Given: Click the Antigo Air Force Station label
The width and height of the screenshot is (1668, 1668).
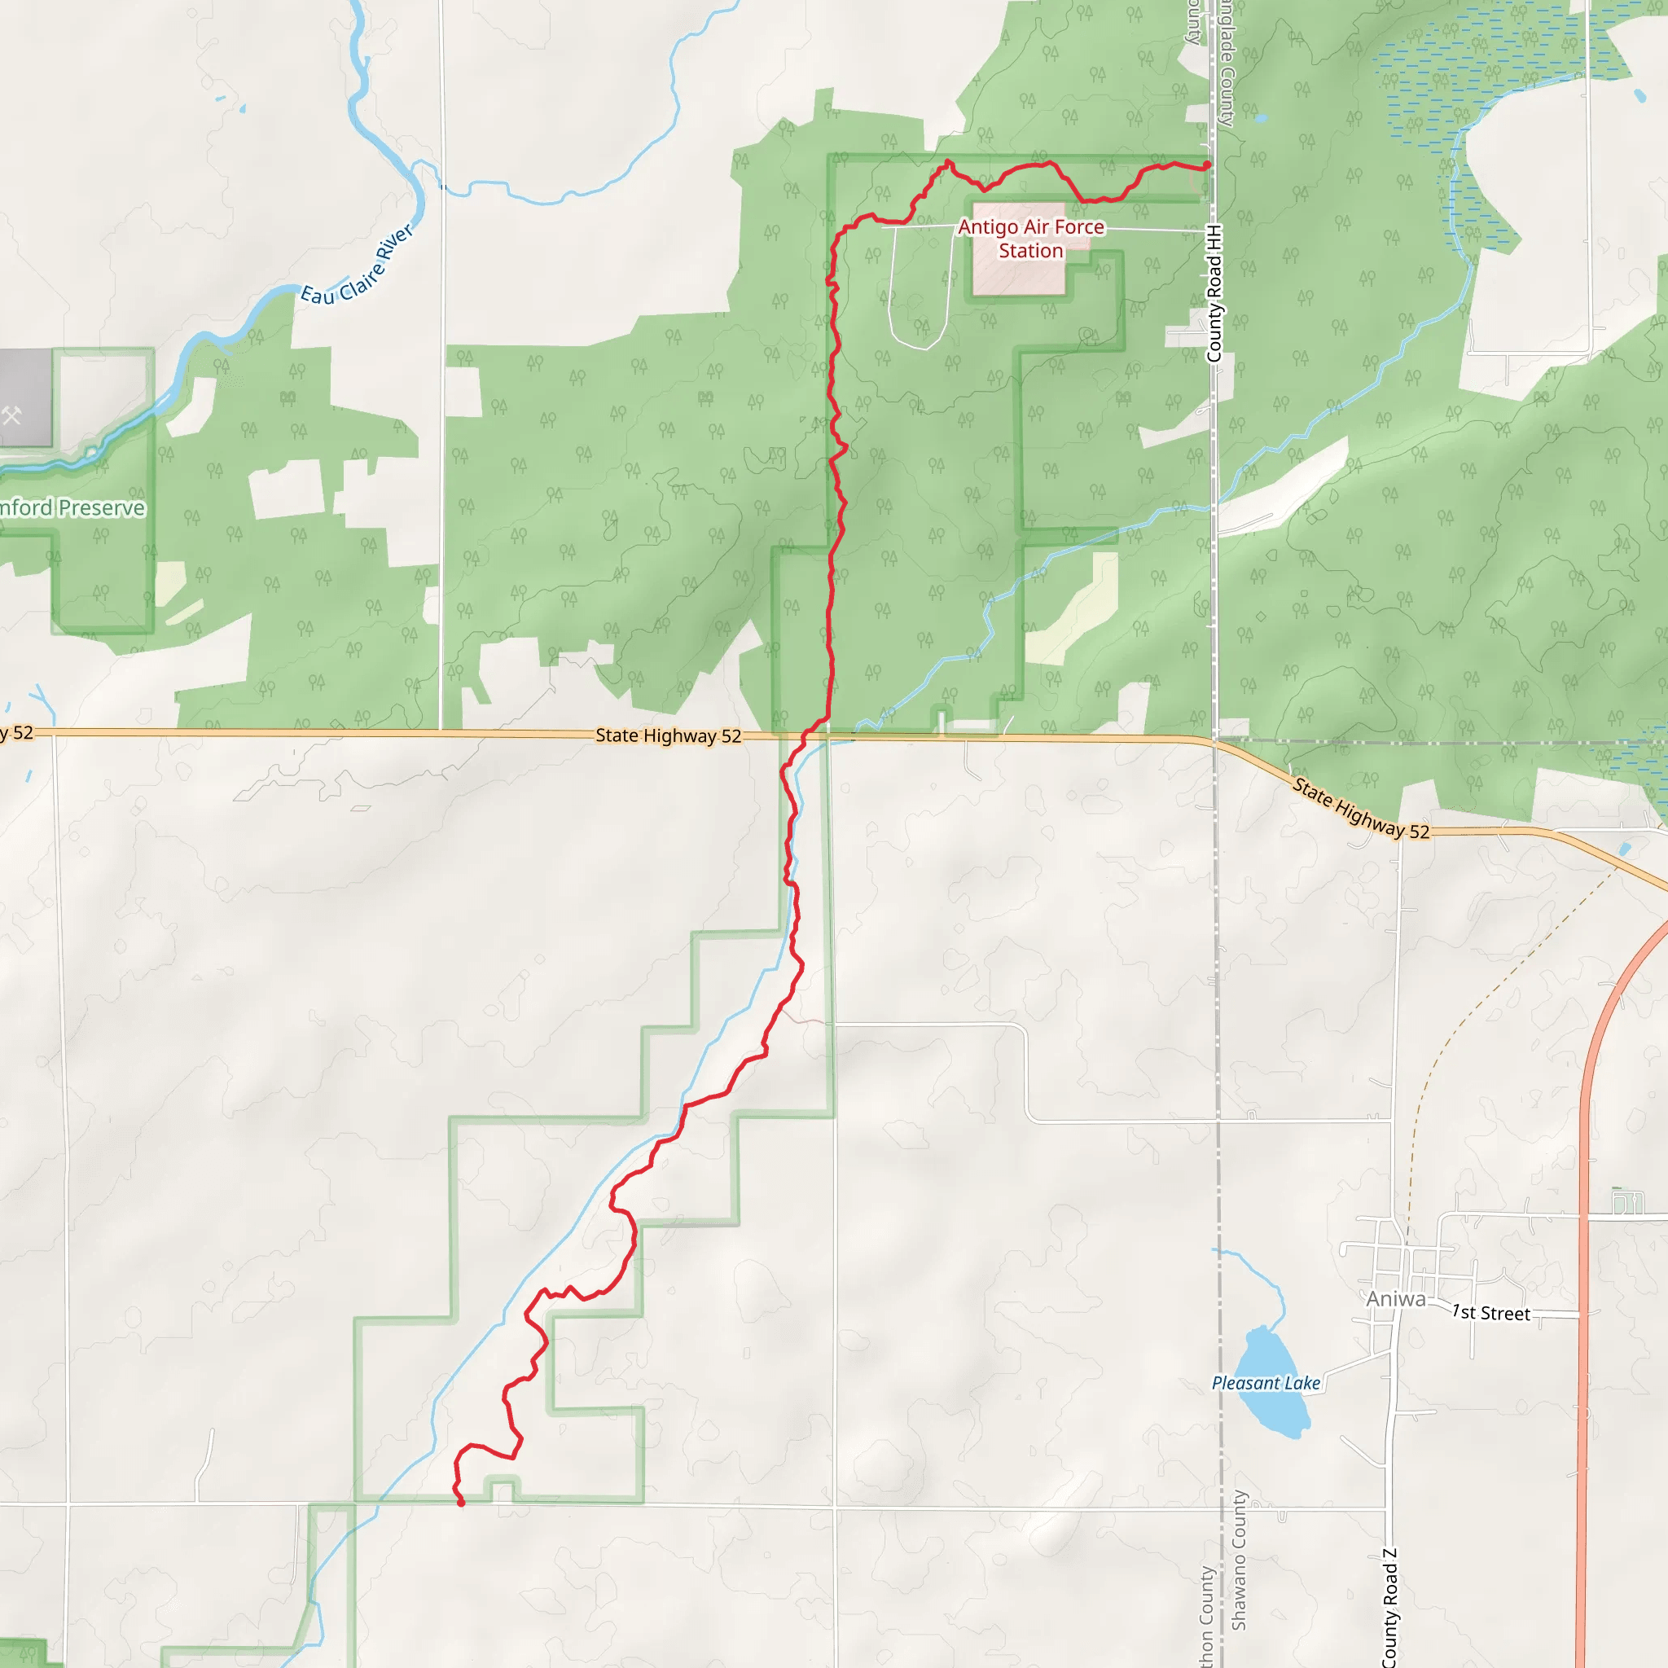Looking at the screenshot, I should click(1031, 239).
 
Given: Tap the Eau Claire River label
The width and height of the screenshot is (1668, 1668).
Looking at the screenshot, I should click(358, 266).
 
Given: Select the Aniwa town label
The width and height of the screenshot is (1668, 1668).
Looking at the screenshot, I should click(1395, 1299).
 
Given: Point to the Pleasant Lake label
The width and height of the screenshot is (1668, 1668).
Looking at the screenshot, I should click(1266, 1383).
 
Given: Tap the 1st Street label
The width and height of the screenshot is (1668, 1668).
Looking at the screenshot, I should click(1491, 1313).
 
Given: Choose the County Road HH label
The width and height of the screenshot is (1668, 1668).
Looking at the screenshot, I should click(1214, 293).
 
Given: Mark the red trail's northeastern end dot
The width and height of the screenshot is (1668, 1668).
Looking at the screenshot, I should click(1207, 165).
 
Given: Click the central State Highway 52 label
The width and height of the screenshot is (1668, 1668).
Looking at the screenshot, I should click(668, 735).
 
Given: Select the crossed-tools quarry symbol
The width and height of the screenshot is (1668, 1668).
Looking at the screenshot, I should click(11, 416).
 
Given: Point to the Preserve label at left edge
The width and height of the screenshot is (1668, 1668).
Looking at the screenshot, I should click(72, 507).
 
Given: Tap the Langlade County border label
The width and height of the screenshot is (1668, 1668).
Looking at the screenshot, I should click(1227, 65).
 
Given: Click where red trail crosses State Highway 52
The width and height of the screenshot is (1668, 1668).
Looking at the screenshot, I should click(805, 735).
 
